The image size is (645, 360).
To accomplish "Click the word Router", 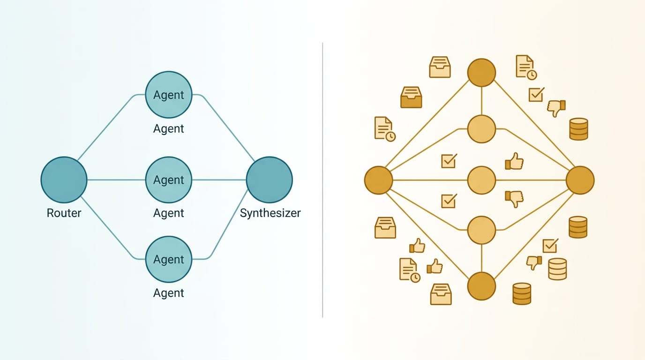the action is tap(64, 213).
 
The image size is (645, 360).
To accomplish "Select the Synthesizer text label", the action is tap(270, 213).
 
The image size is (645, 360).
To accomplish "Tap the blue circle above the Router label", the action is tap(64, 180).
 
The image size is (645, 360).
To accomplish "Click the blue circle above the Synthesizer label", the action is tap(270, 180).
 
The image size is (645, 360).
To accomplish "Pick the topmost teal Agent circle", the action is tap(169, 95).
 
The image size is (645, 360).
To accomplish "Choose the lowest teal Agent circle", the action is tap(169, 259).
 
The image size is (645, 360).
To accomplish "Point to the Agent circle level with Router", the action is tap(169, 180).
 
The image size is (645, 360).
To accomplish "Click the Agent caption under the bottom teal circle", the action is tap(168, 293).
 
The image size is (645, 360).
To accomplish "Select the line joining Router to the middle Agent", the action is tap(116, 180).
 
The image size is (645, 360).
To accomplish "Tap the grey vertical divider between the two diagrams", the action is tap(322, 180).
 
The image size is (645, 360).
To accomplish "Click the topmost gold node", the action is tap(481, 73).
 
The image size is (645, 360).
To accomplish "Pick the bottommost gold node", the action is tap(481, 286).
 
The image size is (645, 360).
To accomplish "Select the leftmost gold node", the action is tap(379, 180).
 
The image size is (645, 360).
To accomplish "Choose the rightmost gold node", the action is tap(580, 180).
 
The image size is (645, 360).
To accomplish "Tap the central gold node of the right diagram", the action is tap(481, 180).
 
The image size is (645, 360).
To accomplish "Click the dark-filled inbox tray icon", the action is tap(411, 97).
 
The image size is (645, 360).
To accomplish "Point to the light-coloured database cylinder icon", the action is tap(557, 269).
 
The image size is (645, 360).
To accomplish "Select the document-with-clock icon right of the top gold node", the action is tap(526, 67).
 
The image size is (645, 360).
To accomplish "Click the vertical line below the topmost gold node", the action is tap(481, 101).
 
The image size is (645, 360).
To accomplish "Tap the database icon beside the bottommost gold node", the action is tap(522, 293).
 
